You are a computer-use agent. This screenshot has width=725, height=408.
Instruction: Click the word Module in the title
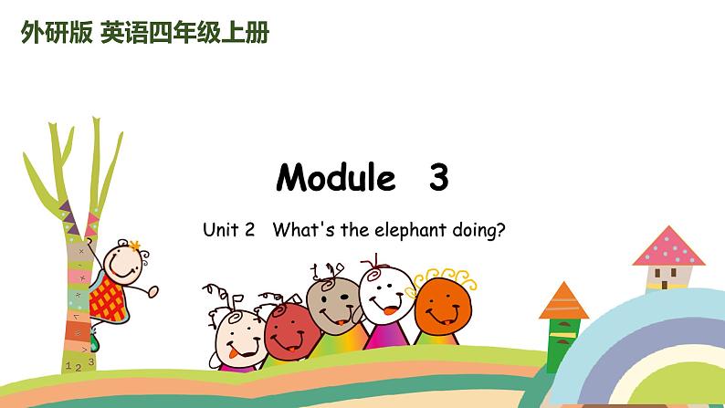point(335,177)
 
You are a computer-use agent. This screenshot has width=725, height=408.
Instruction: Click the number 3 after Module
point(438,177)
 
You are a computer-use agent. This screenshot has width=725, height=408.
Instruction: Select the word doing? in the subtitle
point(479,230)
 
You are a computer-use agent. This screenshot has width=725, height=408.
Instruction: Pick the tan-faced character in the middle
point(332,307)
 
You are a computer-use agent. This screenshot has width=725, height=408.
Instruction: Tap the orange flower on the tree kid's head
point(135,245)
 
